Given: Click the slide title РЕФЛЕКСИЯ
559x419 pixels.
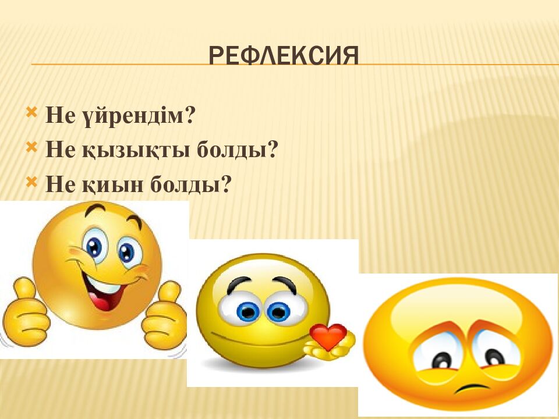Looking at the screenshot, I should (283, 56).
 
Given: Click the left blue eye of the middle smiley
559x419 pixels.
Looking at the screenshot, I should (247, 311).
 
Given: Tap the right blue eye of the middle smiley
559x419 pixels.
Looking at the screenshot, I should (278, 311).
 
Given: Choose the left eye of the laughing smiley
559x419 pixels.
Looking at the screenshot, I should (93, 247).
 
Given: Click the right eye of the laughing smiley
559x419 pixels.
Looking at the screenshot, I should (126, 251).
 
